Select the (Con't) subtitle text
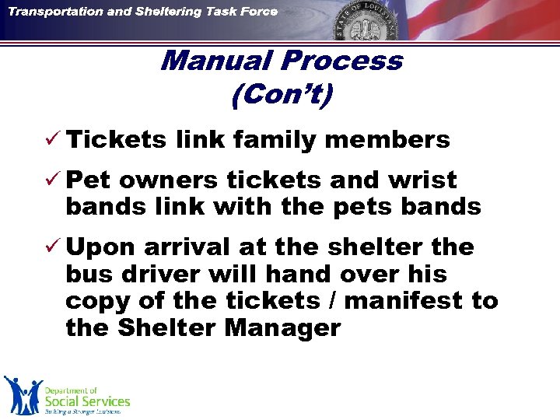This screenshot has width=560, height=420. pos(282,95)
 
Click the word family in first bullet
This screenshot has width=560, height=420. pos(264,140)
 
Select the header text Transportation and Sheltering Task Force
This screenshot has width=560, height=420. pos(143,12)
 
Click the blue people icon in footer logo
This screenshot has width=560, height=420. pos(22,394)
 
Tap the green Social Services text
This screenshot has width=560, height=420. pos(86,401)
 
